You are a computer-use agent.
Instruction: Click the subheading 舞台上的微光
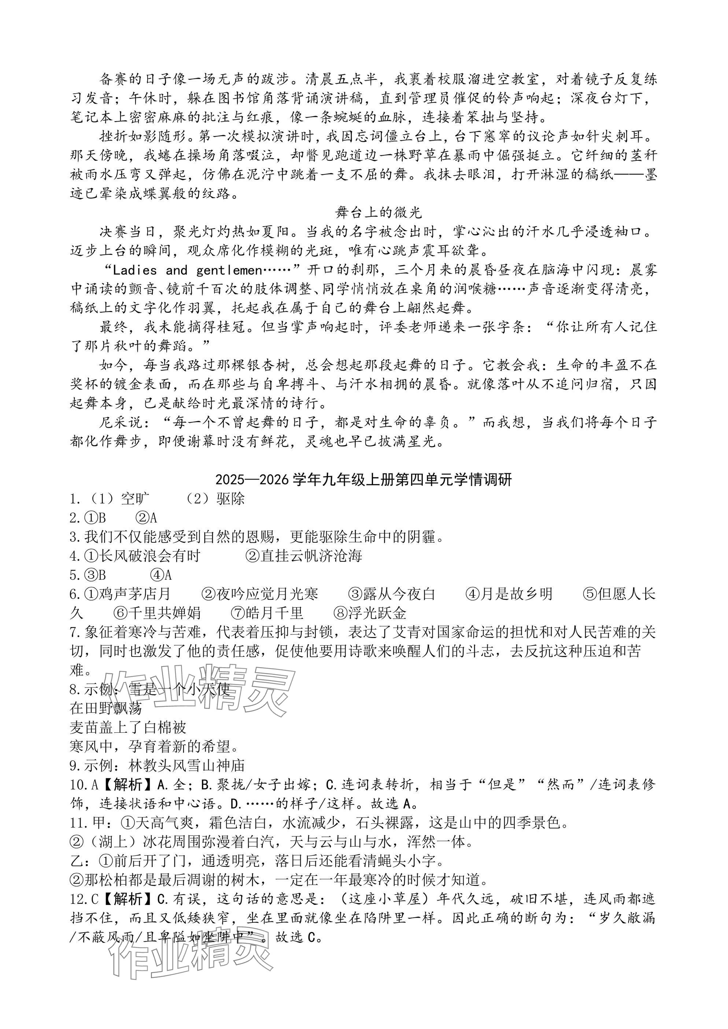coord(378,212)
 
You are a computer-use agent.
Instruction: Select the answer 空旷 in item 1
coord(136,498)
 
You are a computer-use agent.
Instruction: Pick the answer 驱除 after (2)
coord(230,498)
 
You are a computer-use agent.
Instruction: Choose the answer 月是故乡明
coord(516,594)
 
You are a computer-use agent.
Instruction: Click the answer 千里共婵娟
coord(164,613)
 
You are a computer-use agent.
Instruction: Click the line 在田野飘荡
coord(106,708)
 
